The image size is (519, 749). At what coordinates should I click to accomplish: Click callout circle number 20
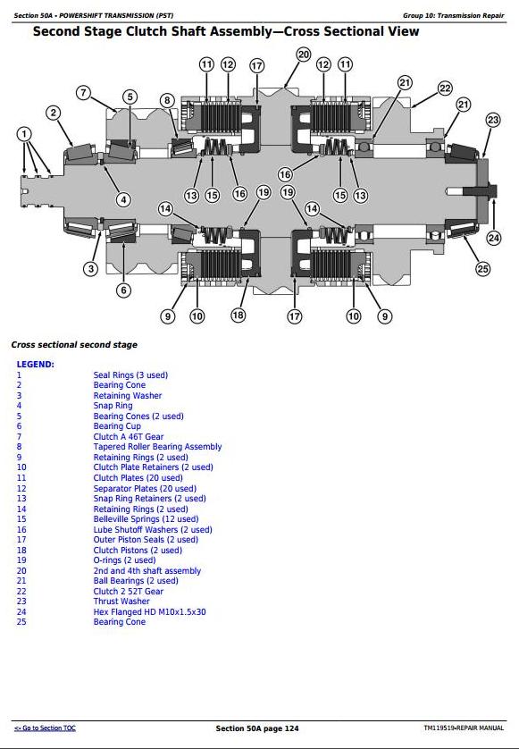[x=304, y=55]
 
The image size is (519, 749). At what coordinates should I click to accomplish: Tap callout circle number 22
[x=445, y=88]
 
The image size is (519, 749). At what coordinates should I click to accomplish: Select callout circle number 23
[x=493, y=120]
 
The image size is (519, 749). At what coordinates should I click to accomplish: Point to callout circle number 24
[x=494, y=238]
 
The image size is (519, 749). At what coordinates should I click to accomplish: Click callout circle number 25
[x=482, y=269]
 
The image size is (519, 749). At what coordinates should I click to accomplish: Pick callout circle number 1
[x=24, y=134]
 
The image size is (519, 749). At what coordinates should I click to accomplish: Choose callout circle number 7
[x=84, y=92]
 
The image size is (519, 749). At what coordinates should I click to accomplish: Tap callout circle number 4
[x=123, y=199]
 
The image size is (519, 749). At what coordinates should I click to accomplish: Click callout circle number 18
[x=238, y=315]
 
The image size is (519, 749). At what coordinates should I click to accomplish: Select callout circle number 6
[x=123, y=290]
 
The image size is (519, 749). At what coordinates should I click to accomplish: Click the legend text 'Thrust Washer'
[x=121, y=602]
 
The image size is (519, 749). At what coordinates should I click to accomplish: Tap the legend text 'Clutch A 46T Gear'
[x=129, y=436]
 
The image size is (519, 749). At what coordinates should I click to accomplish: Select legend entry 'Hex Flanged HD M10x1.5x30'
[x=149, y=612]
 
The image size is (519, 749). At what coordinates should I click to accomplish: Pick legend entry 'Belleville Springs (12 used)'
[x=146, y=519]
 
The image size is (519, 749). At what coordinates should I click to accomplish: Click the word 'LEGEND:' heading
[x=36, y=365]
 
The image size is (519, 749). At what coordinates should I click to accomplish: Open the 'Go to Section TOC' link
[x=45, y=728]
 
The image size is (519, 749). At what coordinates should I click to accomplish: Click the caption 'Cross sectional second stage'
[x=74, y=345]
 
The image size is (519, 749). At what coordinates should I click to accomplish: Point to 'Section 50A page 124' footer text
[x=257, y=728]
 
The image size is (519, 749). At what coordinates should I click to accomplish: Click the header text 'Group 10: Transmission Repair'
[x=453, y=16]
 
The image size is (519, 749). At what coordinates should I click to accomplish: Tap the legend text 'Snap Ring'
[x=113, y=406]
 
